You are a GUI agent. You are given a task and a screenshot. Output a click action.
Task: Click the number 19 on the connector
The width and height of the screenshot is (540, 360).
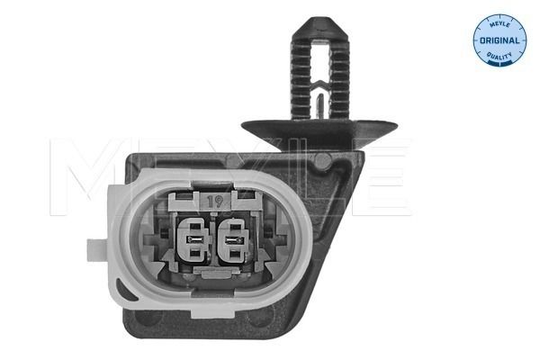[x=215, y=202]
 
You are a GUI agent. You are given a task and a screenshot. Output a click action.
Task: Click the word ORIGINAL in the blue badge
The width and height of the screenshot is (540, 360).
[x=499, y=41]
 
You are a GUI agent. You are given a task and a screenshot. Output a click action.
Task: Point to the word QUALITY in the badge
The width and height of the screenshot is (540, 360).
[x=499, y=56]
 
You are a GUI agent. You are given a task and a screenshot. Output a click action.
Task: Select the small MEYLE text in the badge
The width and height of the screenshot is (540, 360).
[x=499, y=26]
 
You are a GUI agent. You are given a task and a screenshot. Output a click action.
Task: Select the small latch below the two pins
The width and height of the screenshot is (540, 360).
[x=215, y=277]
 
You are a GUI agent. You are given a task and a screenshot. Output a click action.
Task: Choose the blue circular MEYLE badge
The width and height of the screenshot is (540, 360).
[x=499, y=40]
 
